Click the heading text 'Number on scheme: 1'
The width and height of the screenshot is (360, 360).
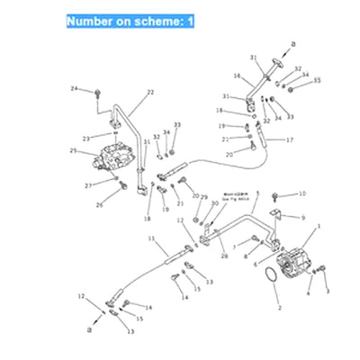pyautogui.click(x=130, y=19)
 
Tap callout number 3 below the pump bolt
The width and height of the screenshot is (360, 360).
pyautogui.click(x=328, y=291)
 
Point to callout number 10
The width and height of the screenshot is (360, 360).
pyautogui.click(x=302, y=193)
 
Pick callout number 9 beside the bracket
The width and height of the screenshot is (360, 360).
pyautogui.click(x=302, y=217)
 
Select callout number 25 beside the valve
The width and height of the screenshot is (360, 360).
pyautogui.click(x=73, y=151)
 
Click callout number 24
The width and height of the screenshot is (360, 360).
pyautogui.click(x=75, y=88)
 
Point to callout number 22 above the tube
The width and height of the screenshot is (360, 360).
pyautogui.click(x=150, y=92)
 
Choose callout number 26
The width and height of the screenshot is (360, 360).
pyautogui.click(x=100, y=205)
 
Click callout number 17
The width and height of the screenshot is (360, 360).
pyautogui.click(x=290, y=139)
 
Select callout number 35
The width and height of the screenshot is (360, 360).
pyautogui.click(x=316, y=80)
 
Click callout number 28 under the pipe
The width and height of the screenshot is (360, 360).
pyautogui.click(x=223, y=256)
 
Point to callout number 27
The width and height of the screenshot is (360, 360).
pyautogui.click(x=89, y=185)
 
